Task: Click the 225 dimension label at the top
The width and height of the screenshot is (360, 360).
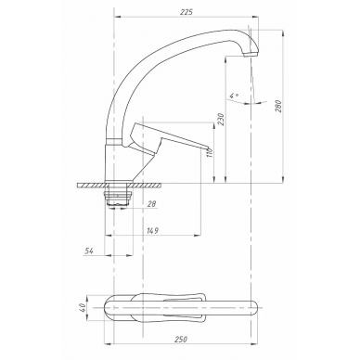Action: [x=186, y=12]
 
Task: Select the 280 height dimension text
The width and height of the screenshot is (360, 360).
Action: [x=279, y=106]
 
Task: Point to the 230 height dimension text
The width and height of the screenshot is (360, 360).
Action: [x=221, y=119]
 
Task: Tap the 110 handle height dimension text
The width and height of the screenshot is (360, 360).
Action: [x=211, y=153]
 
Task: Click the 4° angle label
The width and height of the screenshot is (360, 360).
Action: [x=234, y=96]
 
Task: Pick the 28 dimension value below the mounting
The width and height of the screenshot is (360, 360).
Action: [x=152, y=204]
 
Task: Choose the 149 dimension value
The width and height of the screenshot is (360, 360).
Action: [x=152, y=230]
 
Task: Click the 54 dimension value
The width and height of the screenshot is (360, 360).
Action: [x=89, y=251]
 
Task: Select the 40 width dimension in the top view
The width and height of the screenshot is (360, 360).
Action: [x=83, y=308]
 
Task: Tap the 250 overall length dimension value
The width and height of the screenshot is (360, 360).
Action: [x=181, y=339]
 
